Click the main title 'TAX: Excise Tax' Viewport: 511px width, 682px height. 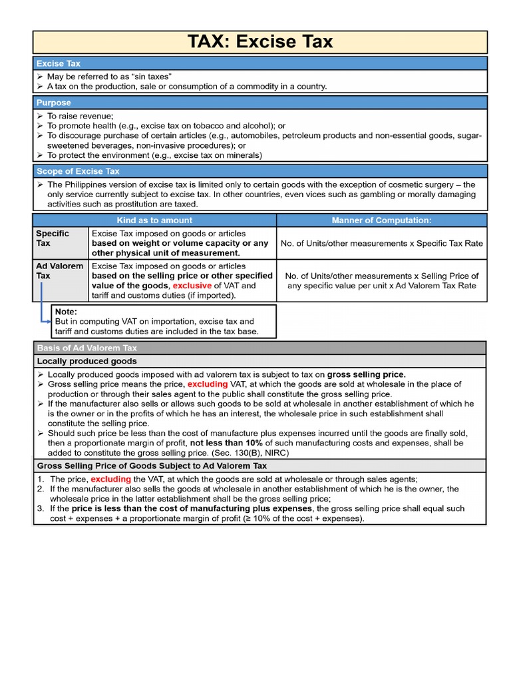[x=259, y=42]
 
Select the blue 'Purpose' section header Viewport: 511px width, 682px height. [x=54, y=103]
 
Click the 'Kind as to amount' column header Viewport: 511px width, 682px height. [x=154, y=220]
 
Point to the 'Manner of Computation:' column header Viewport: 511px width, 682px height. [x=381, y=220]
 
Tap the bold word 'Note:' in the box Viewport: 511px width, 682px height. [x=66, y=311]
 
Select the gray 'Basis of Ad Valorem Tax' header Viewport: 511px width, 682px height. [x=87, y=348]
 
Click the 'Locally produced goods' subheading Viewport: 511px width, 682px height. [x=87, y=361]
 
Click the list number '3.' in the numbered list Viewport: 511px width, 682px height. [x=41, y=508]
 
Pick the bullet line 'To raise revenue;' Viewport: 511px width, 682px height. [x=80, y=116]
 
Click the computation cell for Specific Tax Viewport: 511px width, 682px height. [x=381, y=243]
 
